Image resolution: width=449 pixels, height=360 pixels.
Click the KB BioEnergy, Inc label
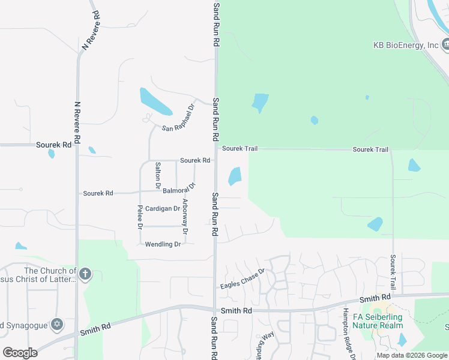[x=405, y=45]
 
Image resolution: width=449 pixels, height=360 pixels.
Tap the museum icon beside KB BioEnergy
[x=446, y=44]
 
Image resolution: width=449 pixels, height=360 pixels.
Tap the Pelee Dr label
[x=140, y=217]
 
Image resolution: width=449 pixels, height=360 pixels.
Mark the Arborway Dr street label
[x=185, y=216]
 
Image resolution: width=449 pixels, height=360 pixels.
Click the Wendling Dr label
[x=163, y=244]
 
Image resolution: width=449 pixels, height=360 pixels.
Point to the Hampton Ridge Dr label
[x=346, y=332]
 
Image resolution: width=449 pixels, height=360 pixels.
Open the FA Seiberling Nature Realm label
[x=378, y=321]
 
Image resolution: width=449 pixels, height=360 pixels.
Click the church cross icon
[x=85, y=275]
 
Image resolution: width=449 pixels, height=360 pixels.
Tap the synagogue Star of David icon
[x=58, y=325]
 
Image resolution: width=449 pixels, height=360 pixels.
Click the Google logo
[x=20, y=353]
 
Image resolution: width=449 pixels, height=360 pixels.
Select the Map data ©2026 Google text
[x=412, y=355]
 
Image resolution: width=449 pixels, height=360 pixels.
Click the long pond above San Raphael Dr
[x=155, y=101]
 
